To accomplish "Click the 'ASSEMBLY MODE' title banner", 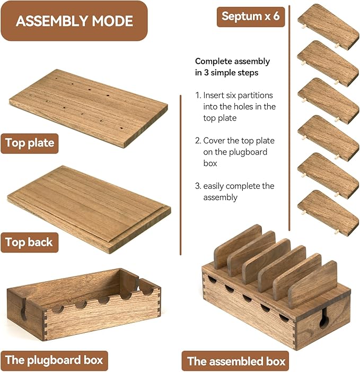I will pos(74,21).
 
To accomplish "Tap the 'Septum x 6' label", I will pos(251,16).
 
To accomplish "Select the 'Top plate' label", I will pos(30,143).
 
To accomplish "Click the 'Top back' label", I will pos(29,243).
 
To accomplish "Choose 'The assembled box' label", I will pos(236,361).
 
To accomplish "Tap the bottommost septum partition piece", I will pos(328,213).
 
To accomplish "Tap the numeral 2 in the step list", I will pos(198,141).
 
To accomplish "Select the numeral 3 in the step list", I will pos(198,186).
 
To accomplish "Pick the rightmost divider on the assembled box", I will pos(314,284).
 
